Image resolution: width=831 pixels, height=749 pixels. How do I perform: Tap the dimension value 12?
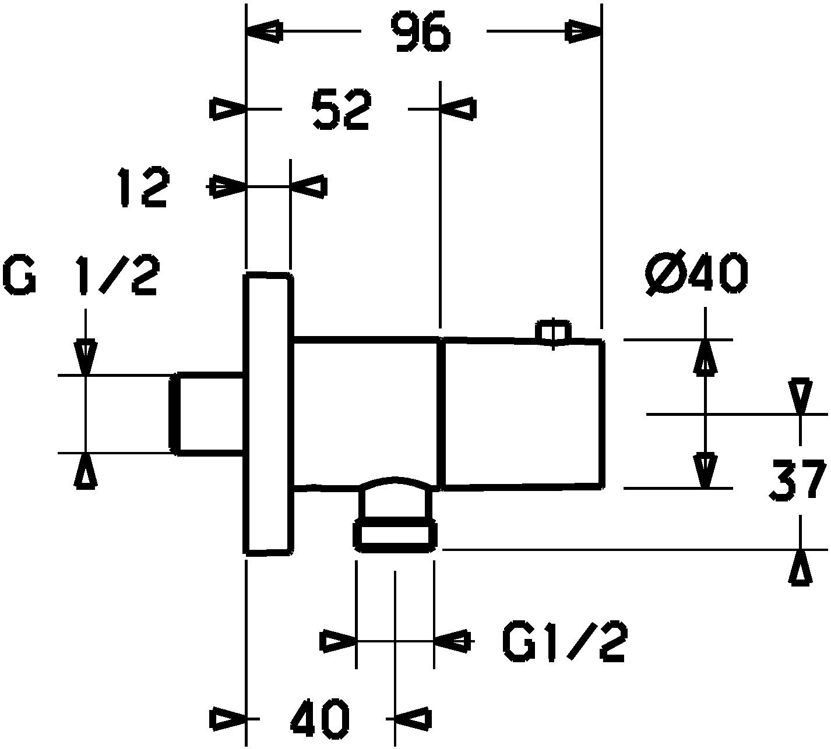[143, 188]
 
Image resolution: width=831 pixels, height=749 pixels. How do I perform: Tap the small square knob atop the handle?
[554, 331]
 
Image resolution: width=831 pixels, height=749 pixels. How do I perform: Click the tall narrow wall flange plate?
[269, 413]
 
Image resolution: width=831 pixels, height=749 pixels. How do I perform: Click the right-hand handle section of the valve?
[523, 414]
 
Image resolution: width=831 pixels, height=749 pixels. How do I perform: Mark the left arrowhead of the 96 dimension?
[265, 31]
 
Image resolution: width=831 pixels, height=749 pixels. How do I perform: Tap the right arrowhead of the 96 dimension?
[583, 31]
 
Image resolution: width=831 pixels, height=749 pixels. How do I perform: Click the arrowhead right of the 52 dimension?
[458, 109]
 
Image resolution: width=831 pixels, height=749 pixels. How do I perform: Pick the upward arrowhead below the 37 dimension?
[801, 568]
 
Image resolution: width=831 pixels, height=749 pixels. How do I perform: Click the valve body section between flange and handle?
[366, 413]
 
